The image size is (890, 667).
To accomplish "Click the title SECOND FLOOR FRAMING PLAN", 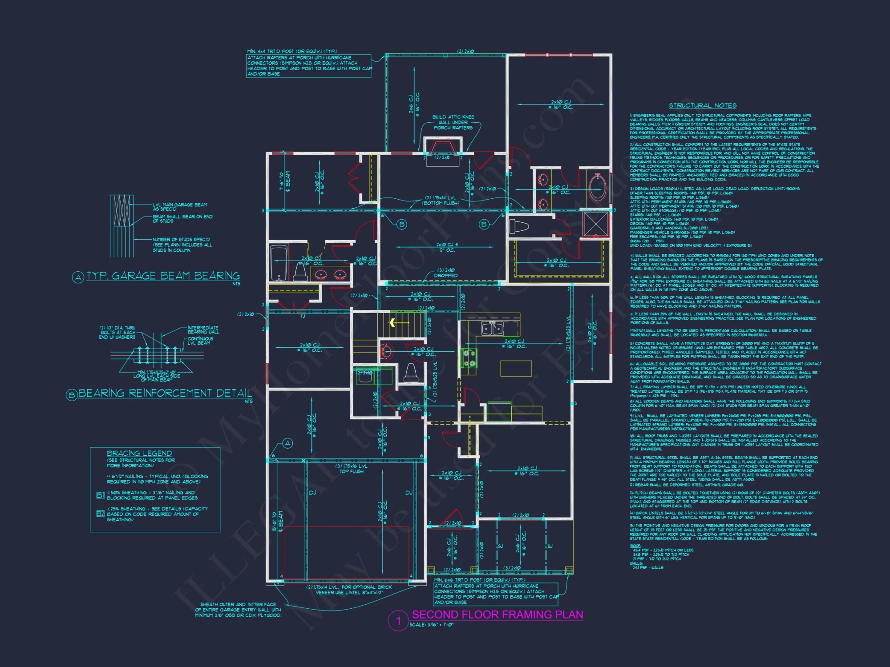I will click(x=497, y=615).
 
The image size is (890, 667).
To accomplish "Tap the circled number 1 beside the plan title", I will click(x=398, y=621).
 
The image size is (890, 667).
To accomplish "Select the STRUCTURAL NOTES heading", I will click(x=703, y=105).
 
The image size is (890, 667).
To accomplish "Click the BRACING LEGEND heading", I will click(x=139, y=453).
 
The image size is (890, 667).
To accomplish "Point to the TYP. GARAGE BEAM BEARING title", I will click(x=163, y=276).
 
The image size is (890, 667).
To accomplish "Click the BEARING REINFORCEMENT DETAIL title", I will click(x=165, y=393).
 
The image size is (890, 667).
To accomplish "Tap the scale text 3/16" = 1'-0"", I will click(x=431, y=625).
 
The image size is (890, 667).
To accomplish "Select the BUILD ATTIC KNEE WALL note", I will click(x=453, y=122).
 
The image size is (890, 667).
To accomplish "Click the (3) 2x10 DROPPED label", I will click(x=445, y=273).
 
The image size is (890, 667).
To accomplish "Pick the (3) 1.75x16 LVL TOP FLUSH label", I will click(x=352, y=469).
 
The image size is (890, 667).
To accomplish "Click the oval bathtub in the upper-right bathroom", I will click(x=597, y=188).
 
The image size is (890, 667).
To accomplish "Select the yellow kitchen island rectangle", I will click(x=516, y=369).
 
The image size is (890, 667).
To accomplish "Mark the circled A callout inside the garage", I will click(x=288, y=443).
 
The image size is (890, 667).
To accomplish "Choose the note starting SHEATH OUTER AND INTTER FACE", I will click(x=238, y=610).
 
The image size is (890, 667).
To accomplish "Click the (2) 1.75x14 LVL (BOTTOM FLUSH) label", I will click(x=441, y=200).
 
